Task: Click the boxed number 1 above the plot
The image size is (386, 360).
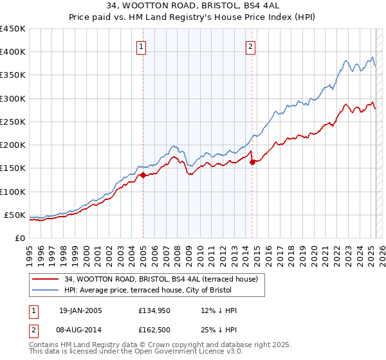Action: click(140, 46)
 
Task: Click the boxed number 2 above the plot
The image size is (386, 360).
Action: click(250, 46)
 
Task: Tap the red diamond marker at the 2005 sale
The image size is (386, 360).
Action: click(143, 175)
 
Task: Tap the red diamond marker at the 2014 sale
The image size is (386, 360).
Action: click(252, 162)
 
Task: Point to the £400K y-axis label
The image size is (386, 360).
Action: click(13, 52)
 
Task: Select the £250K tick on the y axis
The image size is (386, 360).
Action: click(13, 122)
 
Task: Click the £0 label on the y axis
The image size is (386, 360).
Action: click(19, 238)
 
